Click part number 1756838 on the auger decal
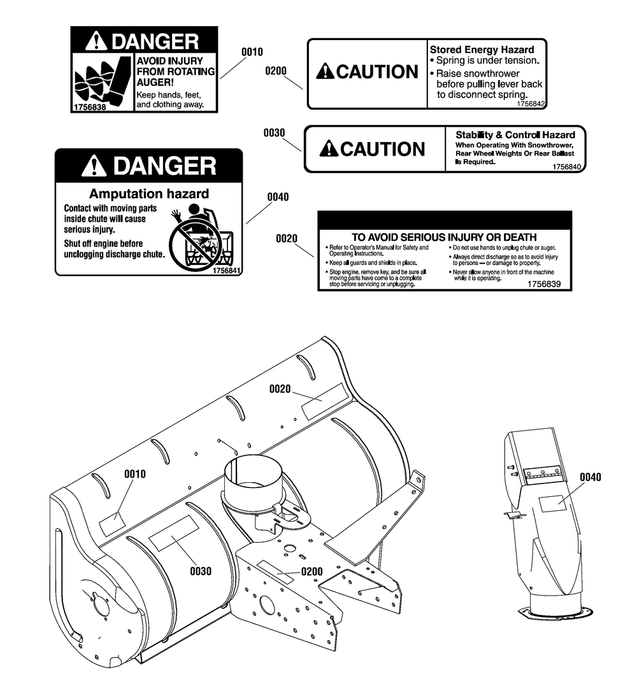(89, 108)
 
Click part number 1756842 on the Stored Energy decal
(531, 103)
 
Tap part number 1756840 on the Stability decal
(568, 167)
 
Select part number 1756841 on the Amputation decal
(227, 270)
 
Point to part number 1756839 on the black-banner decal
(544, 284)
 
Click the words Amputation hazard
(149, 194)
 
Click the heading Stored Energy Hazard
(482, 49)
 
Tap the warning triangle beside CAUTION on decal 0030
(327, 150)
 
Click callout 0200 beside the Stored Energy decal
(276, 71)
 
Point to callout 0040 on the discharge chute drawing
(590, 477)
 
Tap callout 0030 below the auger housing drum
(201, 571)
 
